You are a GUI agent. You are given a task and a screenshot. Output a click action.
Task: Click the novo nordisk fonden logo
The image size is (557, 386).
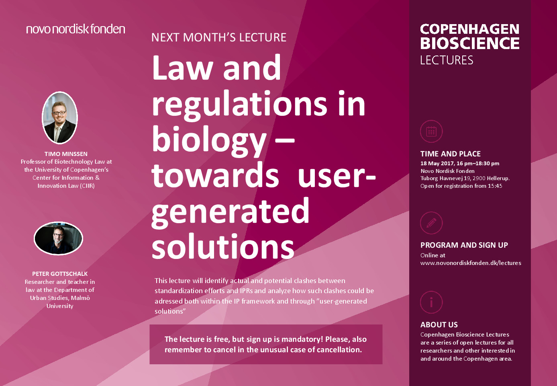pos(75,29)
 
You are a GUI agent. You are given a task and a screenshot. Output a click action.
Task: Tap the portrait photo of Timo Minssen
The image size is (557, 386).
pos(60,118)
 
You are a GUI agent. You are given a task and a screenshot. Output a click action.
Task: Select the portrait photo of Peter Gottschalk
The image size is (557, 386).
pos(59,238)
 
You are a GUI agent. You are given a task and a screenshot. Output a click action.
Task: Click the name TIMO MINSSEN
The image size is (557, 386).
pos(66,154)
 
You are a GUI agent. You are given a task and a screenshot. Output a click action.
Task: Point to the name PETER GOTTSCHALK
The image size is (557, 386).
pos(60,274)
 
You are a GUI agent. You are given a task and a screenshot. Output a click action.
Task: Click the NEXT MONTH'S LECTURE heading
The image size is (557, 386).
pos(219,37)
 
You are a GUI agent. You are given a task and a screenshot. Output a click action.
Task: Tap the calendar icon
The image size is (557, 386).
pos(431,131)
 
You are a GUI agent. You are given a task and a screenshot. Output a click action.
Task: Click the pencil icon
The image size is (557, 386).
pos(431,223)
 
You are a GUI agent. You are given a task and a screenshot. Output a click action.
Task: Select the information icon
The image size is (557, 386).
pos(431,302)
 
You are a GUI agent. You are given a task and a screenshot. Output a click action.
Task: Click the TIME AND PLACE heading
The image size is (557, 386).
pos(450,154)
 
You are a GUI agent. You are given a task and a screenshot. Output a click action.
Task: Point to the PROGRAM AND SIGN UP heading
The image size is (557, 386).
pos(464,245)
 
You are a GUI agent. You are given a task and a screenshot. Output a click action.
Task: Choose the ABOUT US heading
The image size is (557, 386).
pos(439,325)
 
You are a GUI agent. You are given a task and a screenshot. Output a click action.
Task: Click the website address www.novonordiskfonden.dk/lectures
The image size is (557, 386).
pos(471,263)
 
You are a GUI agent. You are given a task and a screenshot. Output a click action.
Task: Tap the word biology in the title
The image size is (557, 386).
pos(209,140)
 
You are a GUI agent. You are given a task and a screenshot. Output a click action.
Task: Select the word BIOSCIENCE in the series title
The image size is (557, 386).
pos(470,43)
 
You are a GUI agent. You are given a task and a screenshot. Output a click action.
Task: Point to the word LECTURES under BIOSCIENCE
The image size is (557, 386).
pos(447,60)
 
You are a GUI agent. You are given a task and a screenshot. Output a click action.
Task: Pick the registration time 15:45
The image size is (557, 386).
pos(495,186)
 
